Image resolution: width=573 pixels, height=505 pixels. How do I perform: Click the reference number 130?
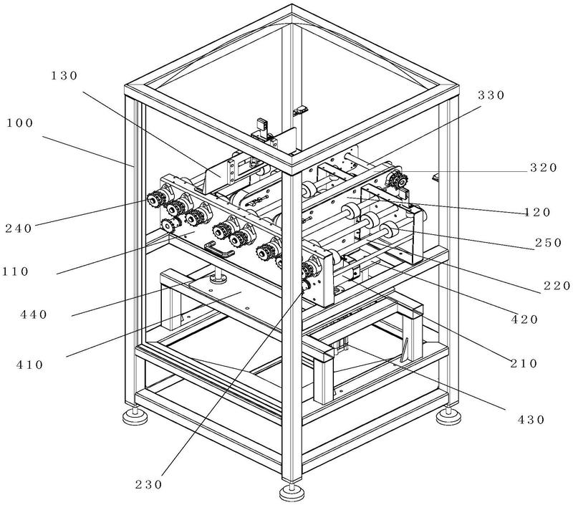tap(64, 76)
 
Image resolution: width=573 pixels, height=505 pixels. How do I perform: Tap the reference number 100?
tap(20, 123)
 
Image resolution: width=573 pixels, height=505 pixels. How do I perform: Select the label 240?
tap(19, 229)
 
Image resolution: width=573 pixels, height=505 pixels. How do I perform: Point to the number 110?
tap(15, 271)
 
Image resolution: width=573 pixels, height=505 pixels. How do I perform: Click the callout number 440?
tap(34, 314)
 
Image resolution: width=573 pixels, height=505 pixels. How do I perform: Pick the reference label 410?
tap(30, 365)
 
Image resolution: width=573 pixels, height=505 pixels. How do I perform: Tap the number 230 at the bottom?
tap(149, 485)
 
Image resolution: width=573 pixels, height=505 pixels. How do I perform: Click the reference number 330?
tap(491, 95)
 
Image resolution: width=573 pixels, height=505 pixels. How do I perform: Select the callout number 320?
tap(544, 168)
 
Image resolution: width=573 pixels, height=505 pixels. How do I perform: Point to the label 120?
tap(537, 212)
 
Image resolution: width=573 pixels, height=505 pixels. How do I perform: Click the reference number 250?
tap(548, 243)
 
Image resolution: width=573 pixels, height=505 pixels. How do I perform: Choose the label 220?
tap(557, 285)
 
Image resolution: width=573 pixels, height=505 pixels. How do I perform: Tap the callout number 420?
tap(525, 319)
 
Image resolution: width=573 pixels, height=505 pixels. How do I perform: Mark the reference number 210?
tap(524, 364)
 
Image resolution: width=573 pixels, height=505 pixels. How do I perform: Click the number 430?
tap(531, 420)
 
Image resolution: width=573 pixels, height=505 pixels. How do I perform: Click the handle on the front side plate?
tap(219, 249)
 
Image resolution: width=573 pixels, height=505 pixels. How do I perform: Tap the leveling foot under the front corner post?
tap(292, 492)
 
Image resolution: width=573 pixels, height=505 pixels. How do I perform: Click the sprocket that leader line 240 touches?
tap(155, 200)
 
